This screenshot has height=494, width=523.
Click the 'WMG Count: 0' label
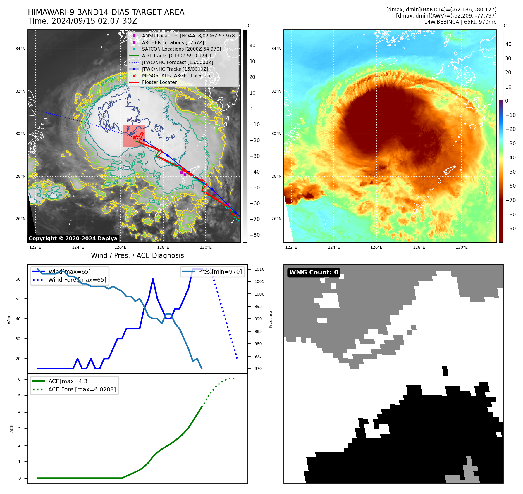tap(314, 272)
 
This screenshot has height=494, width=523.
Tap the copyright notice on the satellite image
tap(73, 239)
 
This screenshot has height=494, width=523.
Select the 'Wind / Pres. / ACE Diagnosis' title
tap(137, 255)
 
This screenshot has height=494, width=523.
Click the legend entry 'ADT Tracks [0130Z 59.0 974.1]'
tap(178, 56)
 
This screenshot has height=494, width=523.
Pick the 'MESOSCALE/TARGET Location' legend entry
tap(176, 75)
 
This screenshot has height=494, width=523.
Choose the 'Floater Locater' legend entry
tap(159, 82)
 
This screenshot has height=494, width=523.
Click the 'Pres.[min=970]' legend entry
tap(220, 272)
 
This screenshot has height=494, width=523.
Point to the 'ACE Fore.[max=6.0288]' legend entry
tap(82, 389)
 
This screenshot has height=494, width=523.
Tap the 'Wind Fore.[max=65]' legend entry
tap(77, 280)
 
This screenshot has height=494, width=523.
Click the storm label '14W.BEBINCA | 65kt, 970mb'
tap(460, 22)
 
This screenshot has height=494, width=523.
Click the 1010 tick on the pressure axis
tap(259, 269)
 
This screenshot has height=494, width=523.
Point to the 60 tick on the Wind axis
tap(18, 279)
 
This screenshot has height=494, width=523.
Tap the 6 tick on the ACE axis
tap(19, 379)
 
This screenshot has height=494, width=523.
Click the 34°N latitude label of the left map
tap(20, 49)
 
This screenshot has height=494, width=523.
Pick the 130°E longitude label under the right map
tap(462, 247)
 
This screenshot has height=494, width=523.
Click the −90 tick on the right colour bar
tap(511, 229)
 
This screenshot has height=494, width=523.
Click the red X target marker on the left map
tap(134, 137)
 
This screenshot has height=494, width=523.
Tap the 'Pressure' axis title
tap(271, 319)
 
